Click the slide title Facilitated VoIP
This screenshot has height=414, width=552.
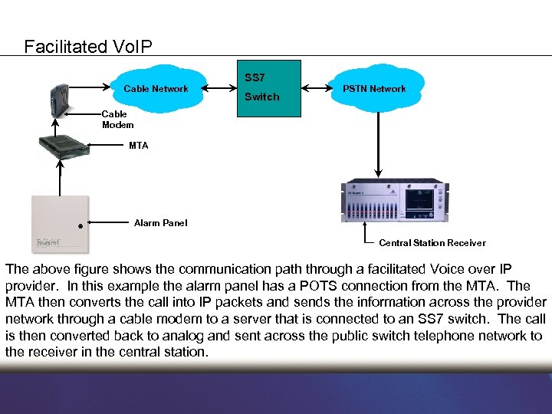(88, 47)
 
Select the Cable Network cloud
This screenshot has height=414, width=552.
(156, 89)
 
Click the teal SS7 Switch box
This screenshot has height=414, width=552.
(268, 88)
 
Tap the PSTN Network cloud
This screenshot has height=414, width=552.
(374, 89)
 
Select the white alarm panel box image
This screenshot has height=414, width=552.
(60, 224)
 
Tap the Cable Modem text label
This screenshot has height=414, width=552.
(117, 120)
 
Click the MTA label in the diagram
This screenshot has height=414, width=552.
(139, 145)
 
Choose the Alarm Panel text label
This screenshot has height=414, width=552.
(160, 223)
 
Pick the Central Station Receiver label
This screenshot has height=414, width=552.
(432, 243)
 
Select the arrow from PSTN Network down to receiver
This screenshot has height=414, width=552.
(376, 142)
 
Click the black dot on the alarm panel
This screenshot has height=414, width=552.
(79, 226)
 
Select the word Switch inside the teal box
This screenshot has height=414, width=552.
(261, 97)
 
